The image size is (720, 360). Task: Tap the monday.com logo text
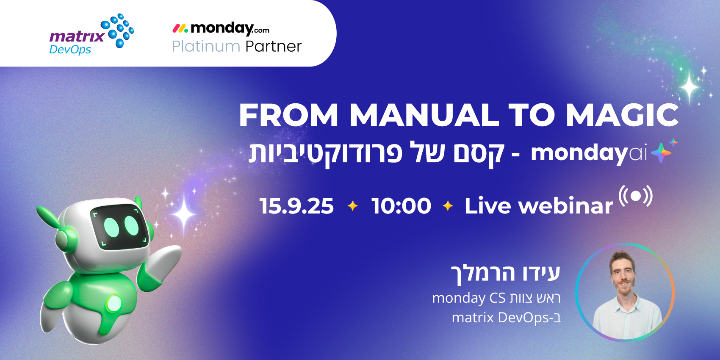pyautogui.click(x=221, y=28)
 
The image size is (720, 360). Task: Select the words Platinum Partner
pyautogui.click(x=237, y=46)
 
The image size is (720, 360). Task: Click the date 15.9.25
pyautogui.click(x=296, y=206)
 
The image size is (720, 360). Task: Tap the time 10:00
pyautogui.click(x=401, y=206)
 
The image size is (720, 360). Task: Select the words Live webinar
pyautogui.click(x=538, y=206)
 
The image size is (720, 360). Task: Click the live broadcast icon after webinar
pyautogui.click(x=635, y=196)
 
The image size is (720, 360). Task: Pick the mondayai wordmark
pyautogui.click(x=589, y=153)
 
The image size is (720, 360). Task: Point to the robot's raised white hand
pyautogui.click(x=167, y=258)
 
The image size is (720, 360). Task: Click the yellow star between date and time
pyautogui.click(x=352, y=206)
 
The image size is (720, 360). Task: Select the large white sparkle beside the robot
pyautogui.click(x=184, y=214)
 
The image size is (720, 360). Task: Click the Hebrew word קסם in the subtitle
pyautogui.click(x=479, y=153)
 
